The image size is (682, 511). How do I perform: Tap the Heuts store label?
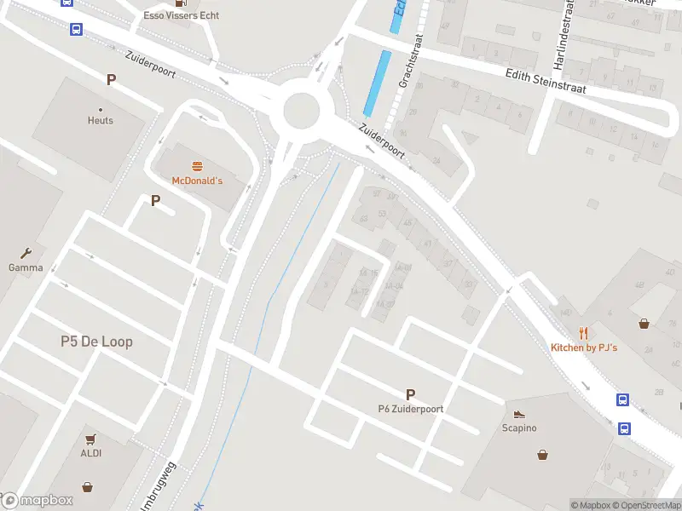click(100, 120)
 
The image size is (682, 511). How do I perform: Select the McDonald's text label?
click(197, 181)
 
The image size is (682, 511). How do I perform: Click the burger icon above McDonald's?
click(197, 166)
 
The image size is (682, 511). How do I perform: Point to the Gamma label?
click(26, 267)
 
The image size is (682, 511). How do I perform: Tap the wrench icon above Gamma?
click(26, 253)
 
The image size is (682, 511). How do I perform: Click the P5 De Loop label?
click(96, 342)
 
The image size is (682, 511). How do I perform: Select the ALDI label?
click(90, 452)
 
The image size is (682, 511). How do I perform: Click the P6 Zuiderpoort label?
click(411, 409)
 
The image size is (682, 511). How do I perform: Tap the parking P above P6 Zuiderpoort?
click(410, 394)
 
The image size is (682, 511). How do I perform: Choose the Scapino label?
click(519, 428)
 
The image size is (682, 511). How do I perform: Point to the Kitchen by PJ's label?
click(584, 347)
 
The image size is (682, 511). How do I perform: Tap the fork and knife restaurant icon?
click(584, 333)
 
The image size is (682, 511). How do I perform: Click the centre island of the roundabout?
click(301, 110)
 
